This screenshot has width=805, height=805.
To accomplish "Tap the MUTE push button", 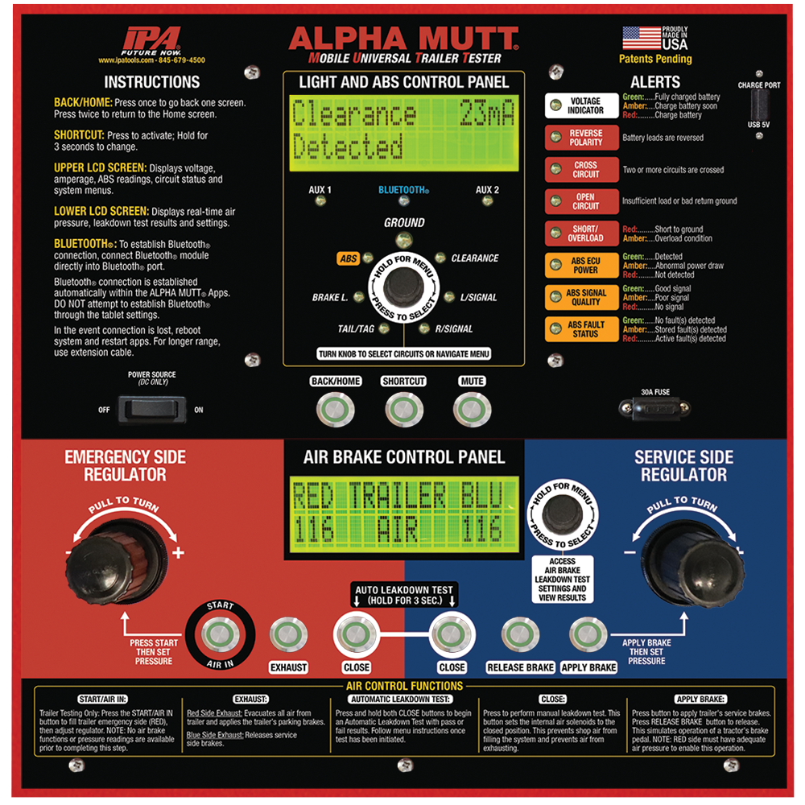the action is point(472,410).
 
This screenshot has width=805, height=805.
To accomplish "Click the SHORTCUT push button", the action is point(404,410).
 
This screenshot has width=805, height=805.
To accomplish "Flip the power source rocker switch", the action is point(152,409).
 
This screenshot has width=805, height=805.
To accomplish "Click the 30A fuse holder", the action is point(654,409).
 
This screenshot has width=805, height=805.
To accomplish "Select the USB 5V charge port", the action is point(759,105).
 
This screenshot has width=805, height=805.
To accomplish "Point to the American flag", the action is point(642,38).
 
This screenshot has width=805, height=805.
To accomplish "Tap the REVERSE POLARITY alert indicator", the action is point(555,137).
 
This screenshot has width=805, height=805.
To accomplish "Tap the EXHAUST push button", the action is point(288,634).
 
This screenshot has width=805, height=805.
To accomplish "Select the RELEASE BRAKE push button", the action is point(520,634).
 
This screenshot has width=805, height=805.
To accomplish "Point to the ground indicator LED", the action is point(404,239).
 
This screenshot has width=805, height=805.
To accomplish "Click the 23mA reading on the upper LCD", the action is point(486,113).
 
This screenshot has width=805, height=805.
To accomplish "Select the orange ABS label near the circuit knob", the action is point(348,258).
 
